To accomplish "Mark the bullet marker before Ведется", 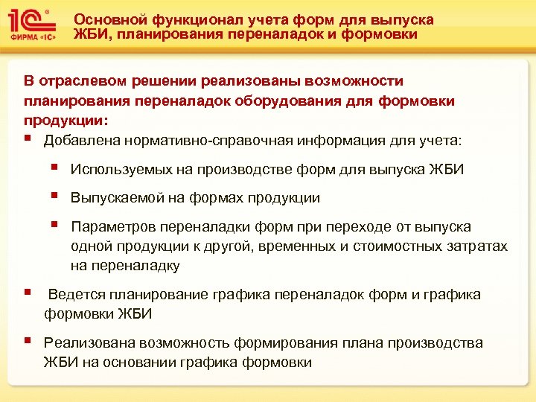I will (x=28, y=293).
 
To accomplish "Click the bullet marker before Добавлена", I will (x=28, y=138).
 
